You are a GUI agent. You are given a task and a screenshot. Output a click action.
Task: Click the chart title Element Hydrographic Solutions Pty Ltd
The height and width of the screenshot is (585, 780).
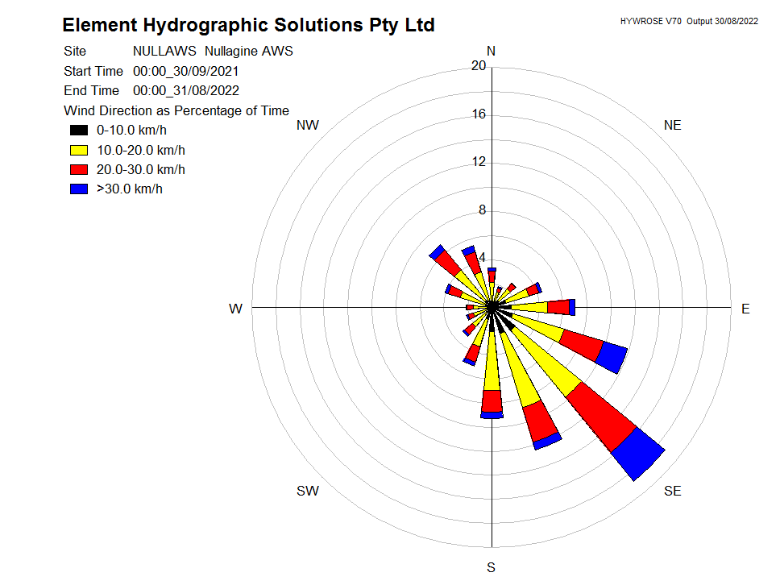coord(248,25)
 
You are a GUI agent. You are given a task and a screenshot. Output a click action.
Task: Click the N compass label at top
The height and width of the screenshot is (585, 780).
coord(491,52)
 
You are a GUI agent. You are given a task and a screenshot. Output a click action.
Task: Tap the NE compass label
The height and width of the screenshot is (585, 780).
coord(672,125)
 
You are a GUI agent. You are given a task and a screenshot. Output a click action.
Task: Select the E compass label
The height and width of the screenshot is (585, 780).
coord(745,309)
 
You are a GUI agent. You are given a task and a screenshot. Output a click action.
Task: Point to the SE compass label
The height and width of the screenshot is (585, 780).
coord(672,491)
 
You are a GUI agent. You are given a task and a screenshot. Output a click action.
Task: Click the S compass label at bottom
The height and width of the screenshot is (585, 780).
coord(491,567)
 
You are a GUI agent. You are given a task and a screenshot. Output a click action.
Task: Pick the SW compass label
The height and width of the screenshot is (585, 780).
coord(308,491)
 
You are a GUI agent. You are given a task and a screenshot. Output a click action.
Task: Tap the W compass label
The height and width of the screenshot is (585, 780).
coord(236,309)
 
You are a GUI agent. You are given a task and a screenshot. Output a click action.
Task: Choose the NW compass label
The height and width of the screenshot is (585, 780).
coord(308,125)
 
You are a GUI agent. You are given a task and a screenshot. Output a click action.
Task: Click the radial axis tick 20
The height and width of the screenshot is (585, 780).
coord(479,66)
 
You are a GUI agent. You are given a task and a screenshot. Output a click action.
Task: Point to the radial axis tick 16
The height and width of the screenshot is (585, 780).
coord(479,114)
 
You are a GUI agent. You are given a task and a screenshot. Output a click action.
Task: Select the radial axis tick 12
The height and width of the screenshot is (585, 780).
coord(479,162)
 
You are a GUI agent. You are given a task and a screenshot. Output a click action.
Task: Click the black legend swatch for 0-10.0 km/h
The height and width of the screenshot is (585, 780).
coord(78,131)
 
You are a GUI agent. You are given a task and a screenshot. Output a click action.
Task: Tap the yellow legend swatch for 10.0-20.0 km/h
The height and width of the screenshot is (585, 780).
coord(78,150)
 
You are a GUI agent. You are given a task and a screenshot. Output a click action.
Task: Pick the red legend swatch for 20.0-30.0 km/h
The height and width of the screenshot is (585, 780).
coord(78,169)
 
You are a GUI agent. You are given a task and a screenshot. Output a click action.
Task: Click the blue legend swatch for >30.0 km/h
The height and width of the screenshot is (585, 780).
coord(78,189)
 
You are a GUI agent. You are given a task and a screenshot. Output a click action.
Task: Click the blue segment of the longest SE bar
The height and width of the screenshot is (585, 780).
coord(638,454)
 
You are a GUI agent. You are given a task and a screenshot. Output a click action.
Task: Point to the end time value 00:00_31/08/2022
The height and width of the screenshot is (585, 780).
coord(185,90)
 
